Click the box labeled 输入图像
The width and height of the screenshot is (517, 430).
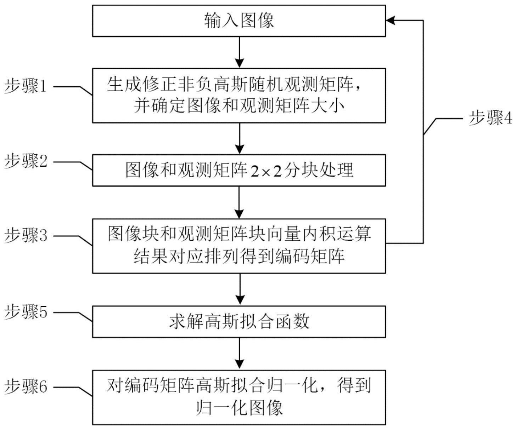(239, 21)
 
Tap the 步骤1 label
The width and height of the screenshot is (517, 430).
(26, 86)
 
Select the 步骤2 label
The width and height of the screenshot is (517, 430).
(26, 162)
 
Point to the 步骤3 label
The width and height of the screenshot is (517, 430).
(26, 235)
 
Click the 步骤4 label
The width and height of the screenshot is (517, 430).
(491, 118)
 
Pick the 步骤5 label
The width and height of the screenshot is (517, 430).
(26, 312)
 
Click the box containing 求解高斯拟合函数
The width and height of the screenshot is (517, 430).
(239, 322)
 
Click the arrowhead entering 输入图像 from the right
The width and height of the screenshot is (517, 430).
(391, 21)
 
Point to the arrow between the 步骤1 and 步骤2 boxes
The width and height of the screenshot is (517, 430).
(240, 138)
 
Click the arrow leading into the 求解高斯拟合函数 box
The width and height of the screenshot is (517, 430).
(240, 289)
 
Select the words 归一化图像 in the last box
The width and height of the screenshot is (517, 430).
(240, 408)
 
